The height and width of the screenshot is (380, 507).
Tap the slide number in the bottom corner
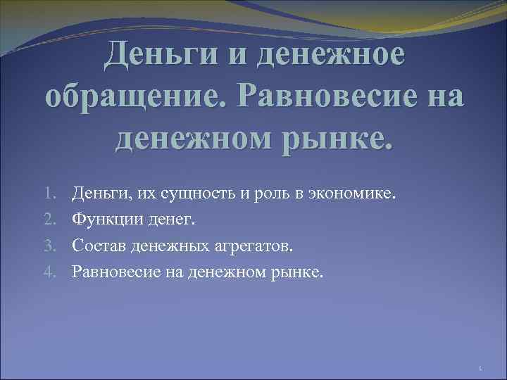479,367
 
